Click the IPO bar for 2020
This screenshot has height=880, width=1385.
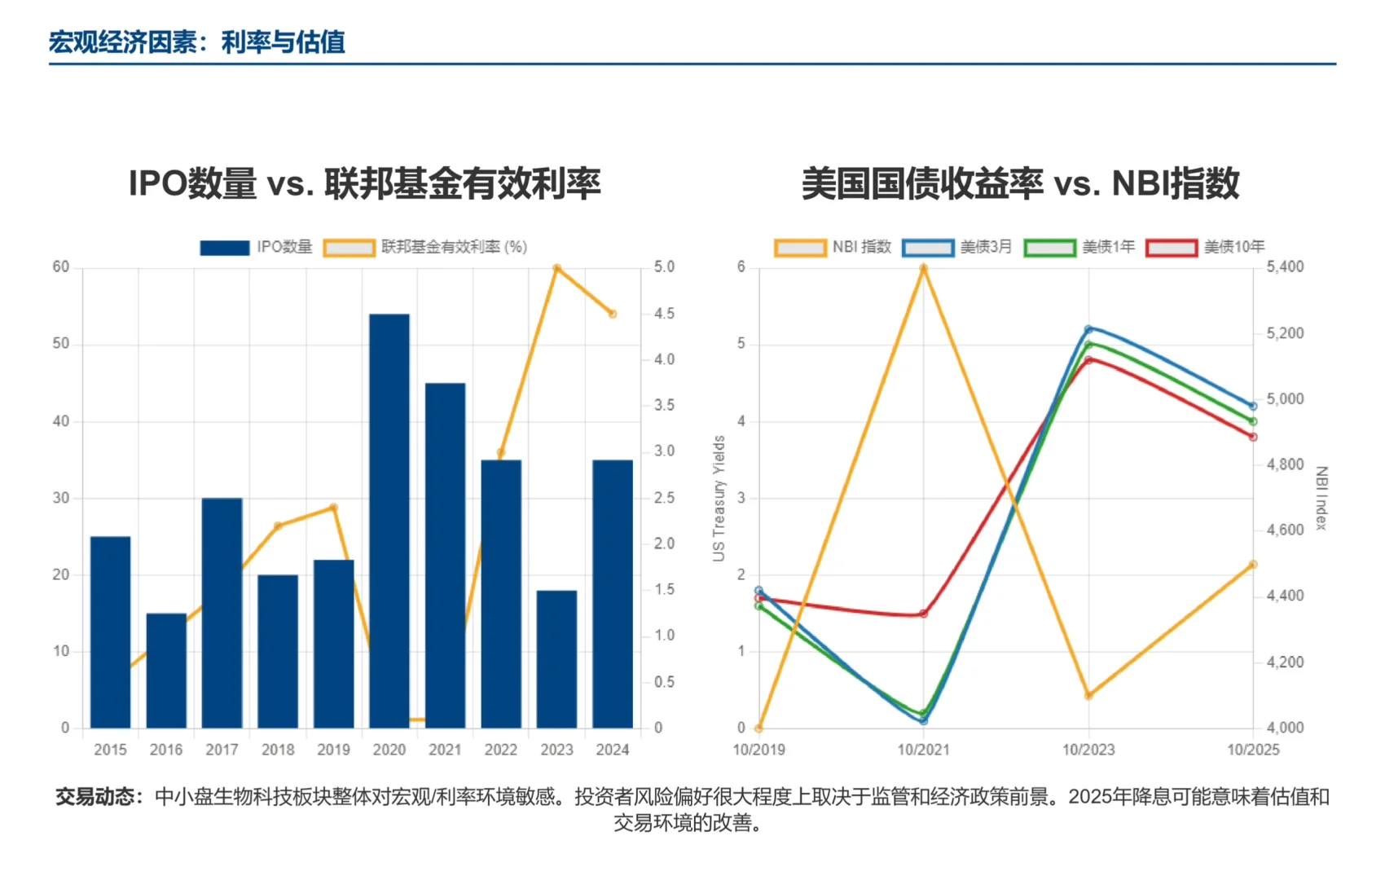[x=389, y=521]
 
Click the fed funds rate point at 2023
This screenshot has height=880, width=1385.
[x=556, y=268]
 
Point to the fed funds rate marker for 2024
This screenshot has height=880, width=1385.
[x=613, y=314]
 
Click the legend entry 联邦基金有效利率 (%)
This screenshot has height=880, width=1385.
[x=424, y=247]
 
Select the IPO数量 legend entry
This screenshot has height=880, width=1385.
[x=256, y=247]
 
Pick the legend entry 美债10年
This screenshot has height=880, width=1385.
[x=1205, y=247]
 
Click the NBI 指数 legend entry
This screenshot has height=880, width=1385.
[x=833, y=247]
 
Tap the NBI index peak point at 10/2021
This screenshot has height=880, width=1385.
[x=924, y=268]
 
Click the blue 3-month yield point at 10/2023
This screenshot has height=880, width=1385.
[x=1088, y=329]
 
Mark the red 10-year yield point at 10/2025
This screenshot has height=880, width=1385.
[x=1253, y=437]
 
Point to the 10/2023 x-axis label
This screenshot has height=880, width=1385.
[x=1088, y=750]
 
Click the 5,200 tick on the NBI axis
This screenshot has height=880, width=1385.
[x=1285, y=333]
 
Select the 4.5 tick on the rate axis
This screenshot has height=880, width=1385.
[x=664, y=314]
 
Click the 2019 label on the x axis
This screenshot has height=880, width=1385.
[x=333, y=750]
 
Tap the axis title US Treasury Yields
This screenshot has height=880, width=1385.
[x=719, y=498]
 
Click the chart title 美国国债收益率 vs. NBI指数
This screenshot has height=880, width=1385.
[x=1020, y=183]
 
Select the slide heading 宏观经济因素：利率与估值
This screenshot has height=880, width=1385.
[x=196, y=42]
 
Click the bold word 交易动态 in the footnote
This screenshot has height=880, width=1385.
[x=95, y=796]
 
